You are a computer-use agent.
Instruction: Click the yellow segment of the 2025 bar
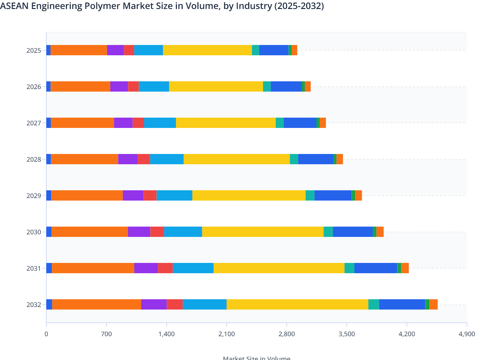[x=207, y=50]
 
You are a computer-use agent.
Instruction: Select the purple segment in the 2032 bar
[x=154, y=304]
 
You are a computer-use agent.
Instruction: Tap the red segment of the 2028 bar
[x=144, y=159]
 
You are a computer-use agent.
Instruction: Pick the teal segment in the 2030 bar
[x=328, y=232]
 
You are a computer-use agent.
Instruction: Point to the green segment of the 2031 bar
[x=399, y=268]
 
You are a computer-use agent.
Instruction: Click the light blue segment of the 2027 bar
[x=160, y=123]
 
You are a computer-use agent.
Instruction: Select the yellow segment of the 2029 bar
[x=249, y=195]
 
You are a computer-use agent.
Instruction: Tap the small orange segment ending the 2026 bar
[x=307, y=86]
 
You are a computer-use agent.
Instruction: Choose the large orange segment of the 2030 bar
[x=89, y=232]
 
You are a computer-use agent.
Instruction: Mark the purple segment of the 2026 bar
[x=119, y=86]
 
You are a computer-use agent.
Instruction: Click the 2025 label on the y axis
[x=34, y=50]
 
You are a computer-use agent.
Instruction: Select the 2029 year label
[x=34, y=196]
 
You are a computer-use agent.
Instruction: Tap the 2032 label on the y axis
[x=34, y=305]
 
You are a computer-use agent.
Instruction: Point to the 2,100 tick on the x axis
[x=226, y=334]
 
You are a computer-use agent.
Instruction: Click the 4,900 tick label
[x=467, y=334]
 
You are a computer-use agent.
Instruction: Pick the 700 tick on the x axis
[x=106, y=334]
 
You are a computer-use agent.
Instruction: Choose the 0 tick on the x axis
[x=46, y=334]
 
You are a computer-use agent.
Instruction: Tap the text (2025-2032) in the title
[x=299, y=6]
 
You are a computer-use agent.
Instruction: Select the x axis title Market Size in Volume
[x=256, y=358]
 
